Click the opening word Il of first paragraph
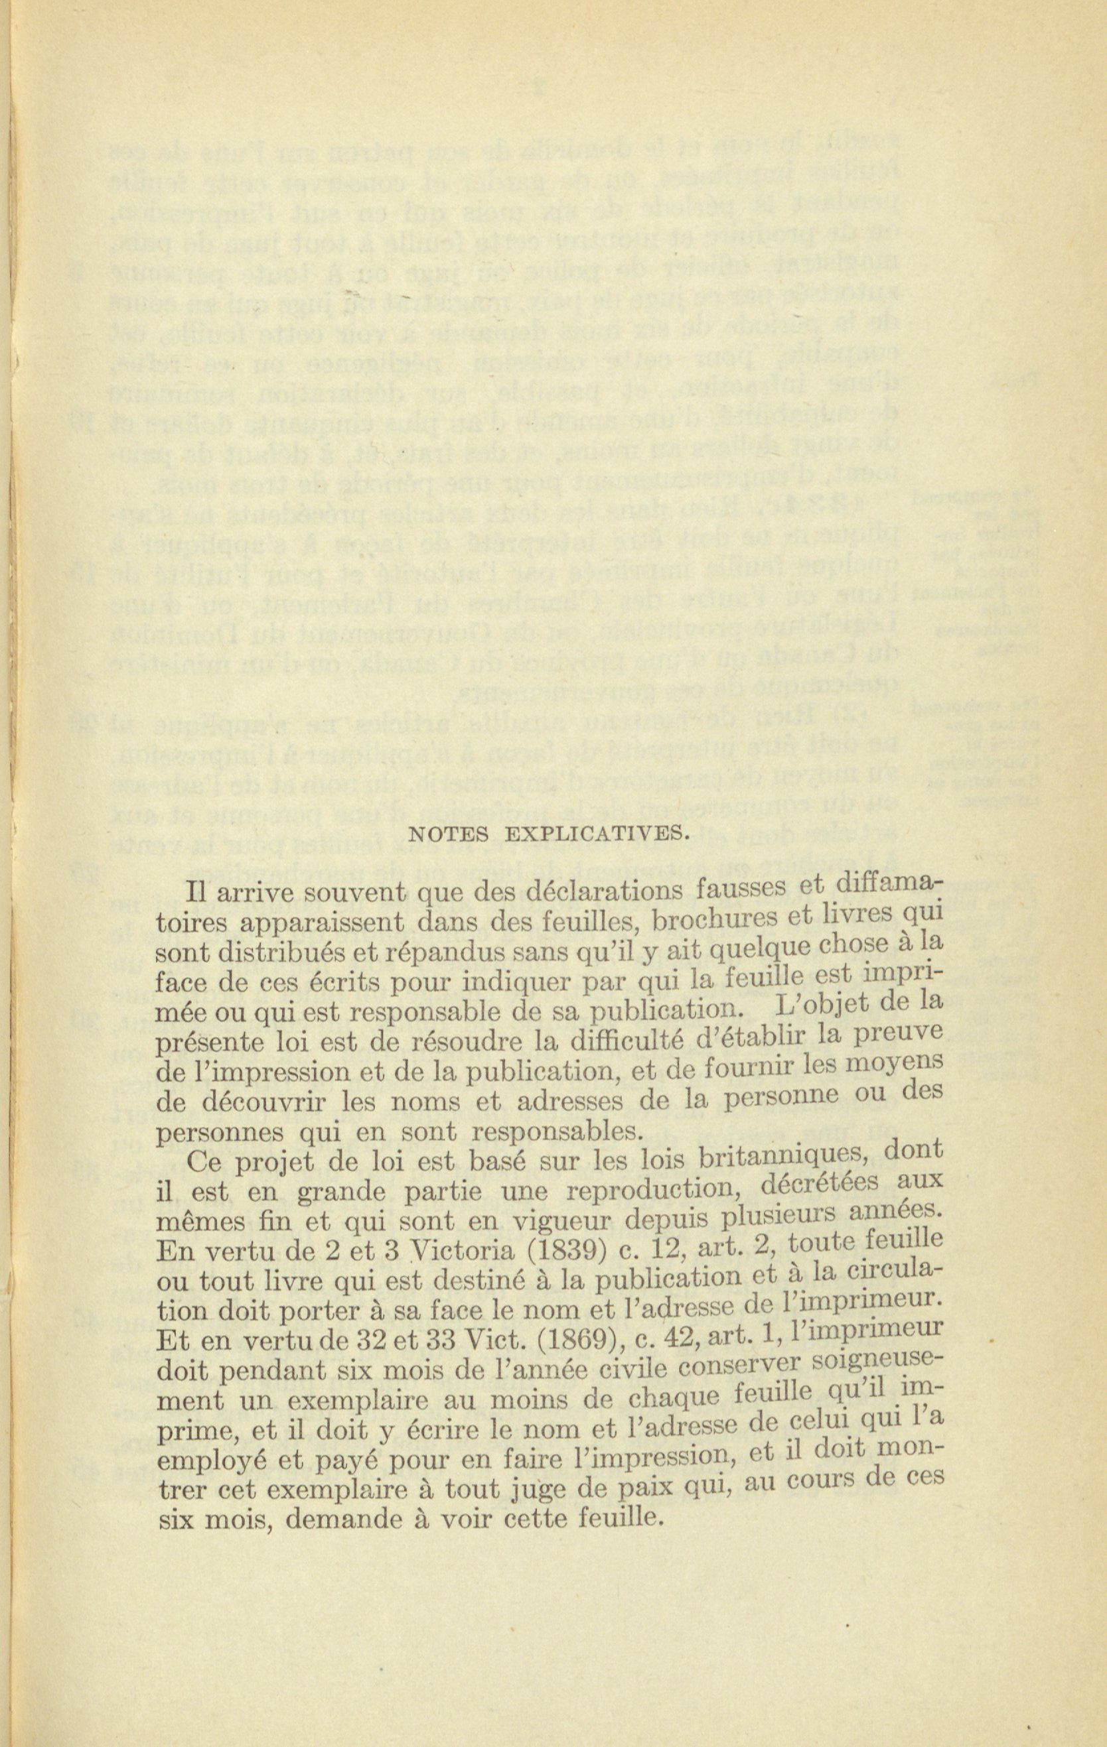[x=195, y=891]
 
